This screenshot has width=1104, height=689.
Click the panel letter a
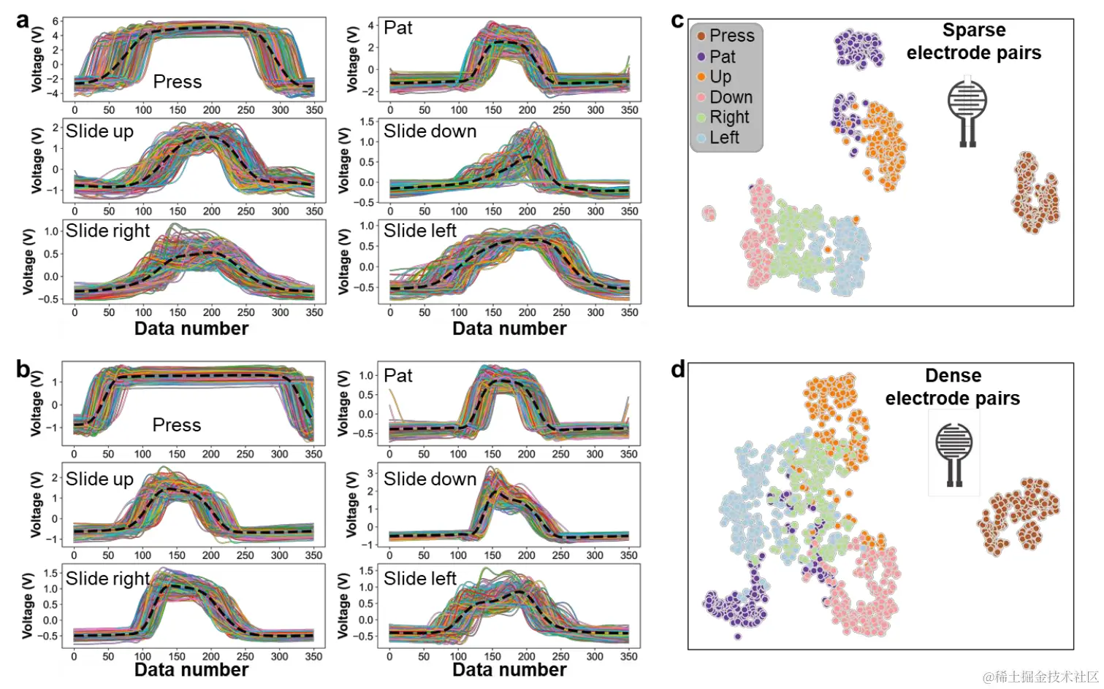click(x=23, y=20)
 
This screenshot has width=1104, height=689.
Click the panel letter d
click(x=678, y=369)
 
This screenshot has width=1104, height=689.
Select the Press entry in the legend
click(x=731, y=36)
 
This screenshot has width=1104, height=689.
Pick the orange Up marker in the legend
click(x=701, y=77)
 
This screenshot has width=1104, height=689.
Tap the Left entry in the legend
click(x=724, y=137)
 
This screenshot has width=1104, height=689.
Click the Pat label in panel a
click(x=398, y=28)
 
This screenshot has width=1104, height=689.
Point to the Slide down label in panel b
click(x=430, y=479)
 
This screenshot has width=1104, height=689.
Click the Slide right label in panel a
click(x=107, y=231)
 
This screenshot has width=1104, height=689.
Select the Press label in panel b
click(x=177, y=425)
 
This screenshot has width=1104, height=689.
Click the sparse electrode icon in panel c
click(x=967, y=109)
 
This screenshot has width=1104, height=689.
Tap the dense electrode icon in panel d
click(x=954, y=453)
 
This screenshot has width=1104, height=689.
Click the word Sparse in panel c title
click(x=974, y=30)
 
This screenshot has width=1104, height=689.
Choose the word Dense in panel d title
click(x=953, y=375)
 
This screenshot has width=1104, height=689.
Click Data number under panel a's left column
click(x=191, y=328)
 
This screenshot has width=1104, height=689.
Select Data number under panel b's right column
click(x=509, y=669)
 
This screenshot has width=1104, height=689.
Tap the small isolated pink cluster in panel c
click(x=709, y=213)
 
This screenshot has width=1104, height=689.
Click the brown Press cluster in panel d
click(x=1018, y=515)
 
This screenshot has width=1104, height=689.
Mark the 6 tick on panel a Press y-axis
click(x=56, y=21)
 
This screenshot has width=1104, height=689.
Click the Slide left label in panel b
click(x=420, y=579)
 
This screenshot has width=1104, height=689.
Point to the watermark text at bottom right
click(x=1040, y=677)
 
